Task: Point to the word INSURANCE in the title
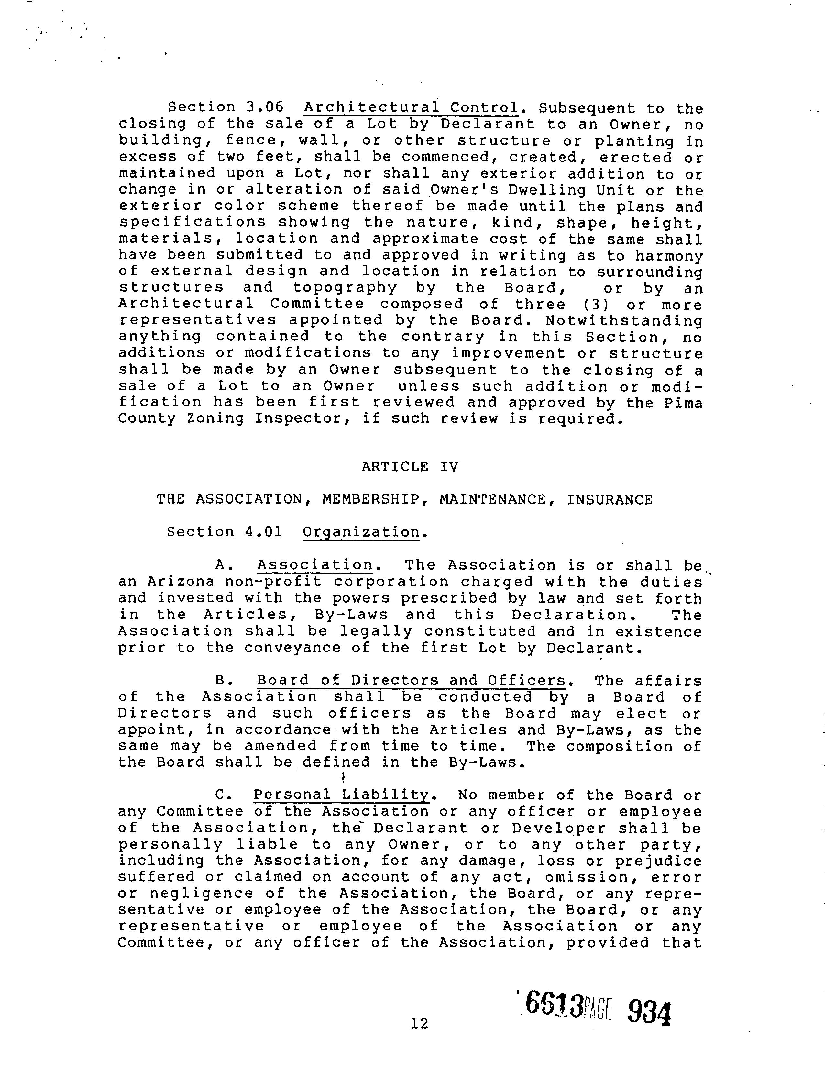(x=610, y=500)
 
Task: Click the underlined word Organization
(x=361, y=532)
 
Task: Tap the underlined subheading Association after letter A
(x=315, y=565)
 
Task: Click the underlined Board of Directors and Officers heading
(x=411, y=681)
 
